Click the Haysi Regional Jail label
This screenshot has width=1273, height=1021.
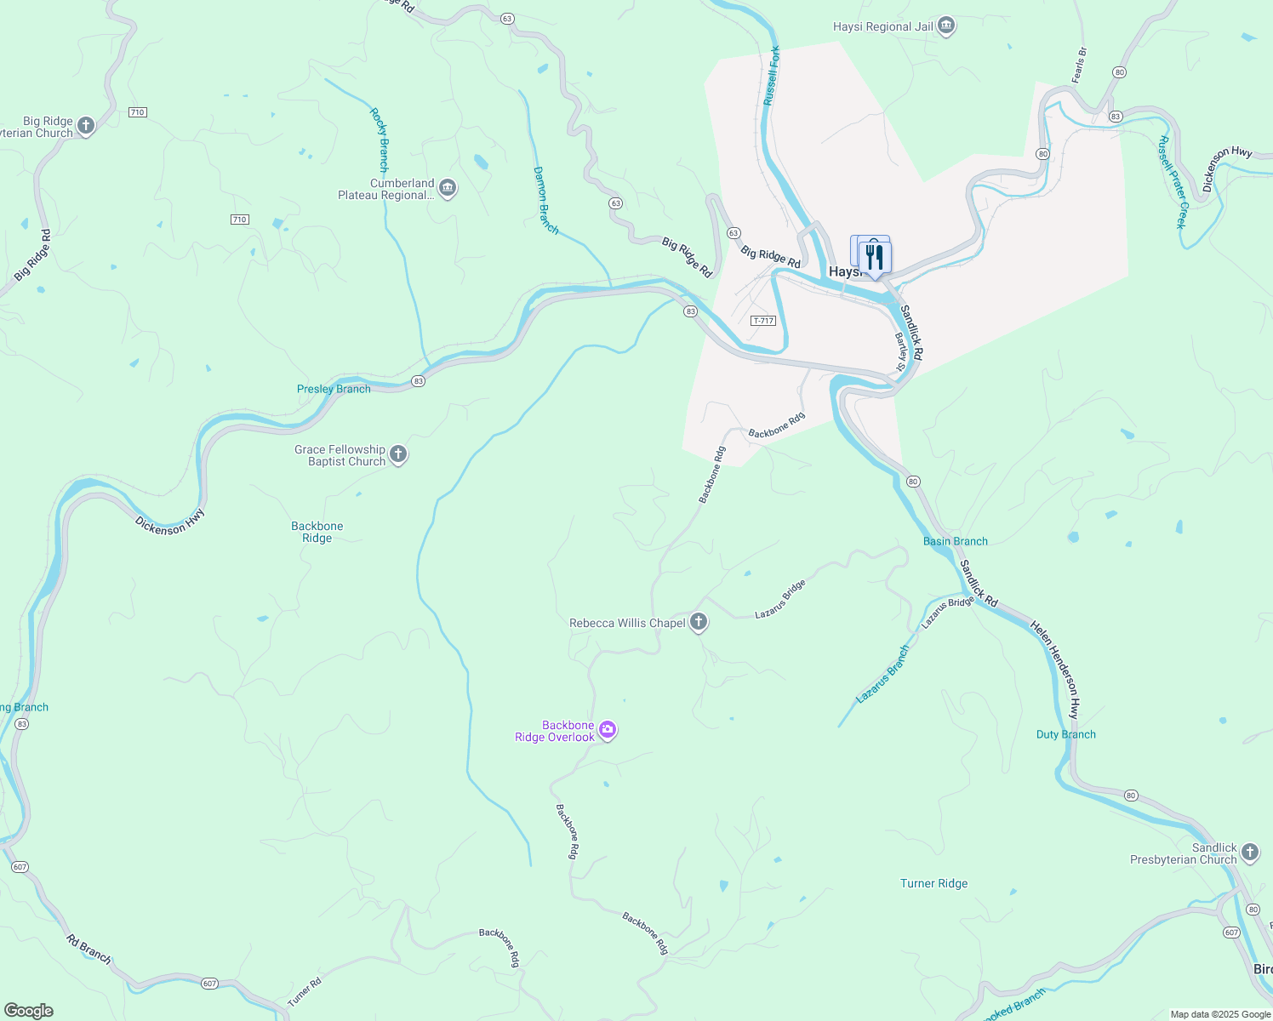(882, 26)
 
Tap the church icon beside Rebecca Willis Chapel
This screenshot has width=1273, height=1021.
(699, 623)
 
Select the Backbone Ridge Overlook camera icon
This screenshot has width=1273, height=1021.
(608, 730)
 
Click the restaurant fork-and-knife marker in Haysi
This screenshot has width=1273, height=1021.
(875, 257)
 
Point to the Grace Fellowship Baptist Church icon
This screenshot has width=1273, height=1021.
(398, 455)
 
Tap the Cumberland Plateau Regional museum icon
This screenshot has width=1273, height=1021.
(448, 188)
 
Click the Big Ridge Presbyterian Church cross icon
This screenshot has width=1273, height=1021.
(85, 127)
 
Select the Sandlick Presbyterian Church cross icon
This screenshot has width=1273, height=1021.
(1250, 853)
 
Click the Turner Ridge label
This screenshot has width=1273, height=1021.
(933, 883)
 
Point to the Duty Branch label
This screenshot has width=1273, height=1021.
(1065, 734)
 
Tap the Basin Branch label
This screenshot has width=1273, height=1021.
(955, 541)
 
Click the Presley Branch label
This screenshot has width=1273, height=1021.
(334, 389)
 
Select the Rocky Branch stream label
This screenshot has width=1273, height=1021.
(380, 140)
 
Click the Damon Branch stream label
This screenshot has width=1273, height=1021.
(545, 200)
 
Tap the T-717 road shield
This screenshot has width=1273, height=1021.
(763, 321)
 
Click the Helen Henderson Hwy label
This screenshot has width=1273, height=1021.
(1055, 669)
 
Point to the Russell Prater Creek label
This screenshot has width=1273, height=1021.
(1172, 182)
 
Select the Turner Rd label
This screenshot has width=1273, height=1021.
(304, 993)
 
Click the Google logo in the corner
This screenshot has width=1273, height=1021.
(28, 1011)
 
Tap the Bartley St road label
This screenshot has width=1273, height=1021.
(899, 351)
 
